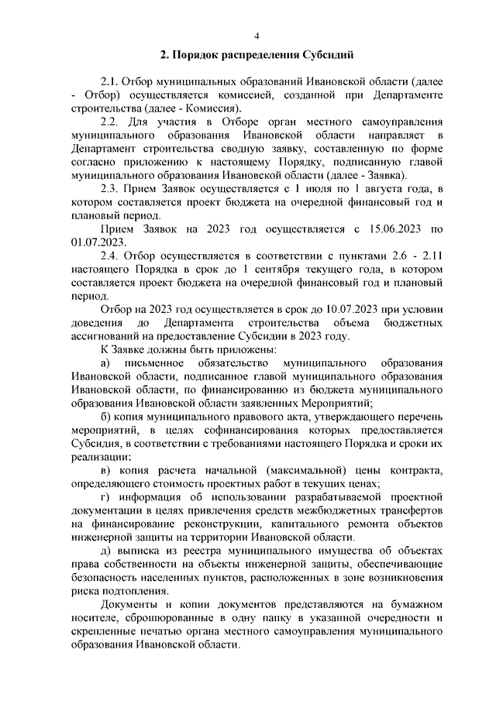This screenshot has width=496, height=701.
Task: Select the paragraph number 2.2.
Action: (112, 122)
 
